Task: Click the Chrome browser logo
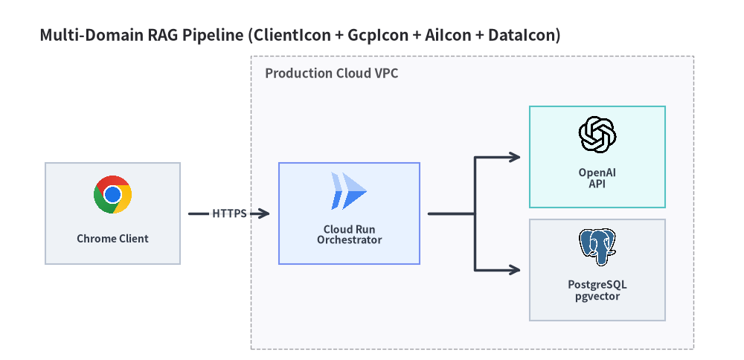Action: point(112,194)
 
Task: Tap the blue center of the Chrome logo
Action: point(112,194)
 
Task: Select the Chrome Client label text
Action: point(112,239)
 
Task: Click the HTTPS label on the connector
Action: point(229,214)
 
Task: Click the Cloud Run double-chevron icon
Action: point(349,192)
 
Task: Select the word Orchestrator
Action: point(349,240)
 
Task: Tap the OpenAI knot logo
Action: point(597,135)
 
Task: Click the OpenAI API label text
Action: point(597,179)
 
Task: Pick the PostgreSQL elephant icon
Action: point(597,248)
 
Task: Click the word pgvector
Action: point(597,297)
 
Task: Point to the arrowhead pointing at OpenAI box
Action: point(515,157)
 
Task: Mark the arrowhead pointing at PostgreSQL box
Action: point(515,270)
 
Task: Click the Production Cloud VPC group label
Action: point(331,74)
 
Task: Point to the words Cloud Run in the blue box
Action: point(349,230)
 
